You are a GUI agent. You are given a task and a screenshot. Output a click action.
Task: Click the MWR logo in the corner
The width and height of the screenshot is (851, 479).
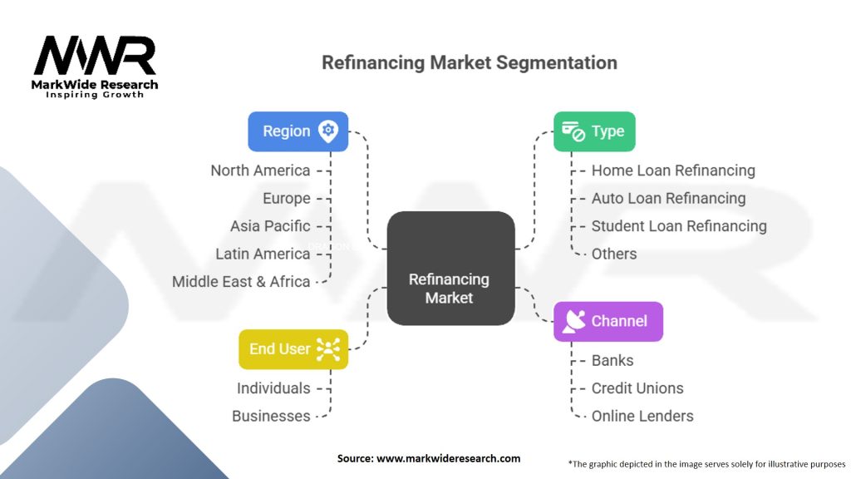tap(95, 65)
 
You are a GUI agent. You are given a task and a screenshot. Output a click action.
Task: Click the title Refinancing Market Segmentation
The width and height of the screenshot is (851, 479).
tap(469, 63)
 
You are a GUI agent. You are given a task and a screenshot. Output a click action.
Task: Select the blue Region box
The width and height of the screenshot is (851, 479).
tap(298, 131)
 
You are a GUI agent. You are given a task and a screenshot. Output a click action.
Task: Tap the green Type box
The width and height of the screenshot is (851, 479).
tap(594, 131)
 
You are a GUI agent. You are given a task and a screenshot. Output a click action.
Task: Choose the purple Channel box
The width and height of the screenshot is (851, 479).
tap(608, 321)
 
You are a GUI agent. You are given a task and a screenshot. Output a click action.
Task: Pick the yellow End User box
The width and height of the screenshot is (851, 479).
tap(293, 349)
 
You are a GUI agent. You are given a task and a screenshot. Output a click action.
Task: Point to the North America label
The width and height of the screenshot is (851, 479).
tap(260, 170)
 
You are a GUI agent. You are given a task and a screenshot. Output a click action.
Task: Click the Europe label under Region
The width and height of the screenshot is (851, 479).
tap(287, 198)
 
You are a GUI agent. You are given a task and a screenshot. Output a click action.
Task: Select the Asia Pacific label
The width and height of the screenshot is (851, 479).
tap(270, 226)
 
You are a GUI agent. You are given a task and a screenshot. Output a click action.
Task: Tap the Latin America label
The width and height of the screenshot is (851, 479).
tap(263, 254)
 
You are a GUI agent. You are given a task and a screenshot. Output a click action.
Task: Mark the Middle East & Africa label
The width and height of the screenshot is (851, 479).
tap(241, 281)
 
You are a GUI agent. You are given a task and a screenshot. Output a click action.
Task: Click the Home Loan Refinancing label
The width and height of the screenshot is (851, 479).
tap(673, 170)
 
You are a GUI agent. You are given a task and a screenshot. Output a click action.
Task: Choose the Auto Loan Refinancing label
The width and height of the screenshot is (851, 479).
tap(668, 198)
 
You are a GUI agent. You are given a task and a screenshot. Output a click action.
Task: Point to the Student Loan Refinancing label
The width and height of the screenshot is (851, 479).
tap(679, 226)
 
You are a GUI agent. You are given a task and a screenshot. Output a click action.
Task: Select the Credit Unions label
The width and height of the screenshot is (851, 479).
tap(637, 388)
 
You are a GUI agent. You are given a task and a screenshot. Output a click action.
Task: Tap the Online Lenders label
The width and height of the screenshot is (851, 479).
tap(642, 416)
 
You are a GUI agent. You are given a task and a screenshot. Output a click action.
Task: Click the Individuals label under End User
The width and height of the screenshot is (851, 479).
tap(273, 388)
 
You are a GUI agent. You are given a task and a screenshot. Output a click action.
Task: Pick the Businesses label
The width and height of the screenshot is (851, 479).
tap(271, 416)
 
